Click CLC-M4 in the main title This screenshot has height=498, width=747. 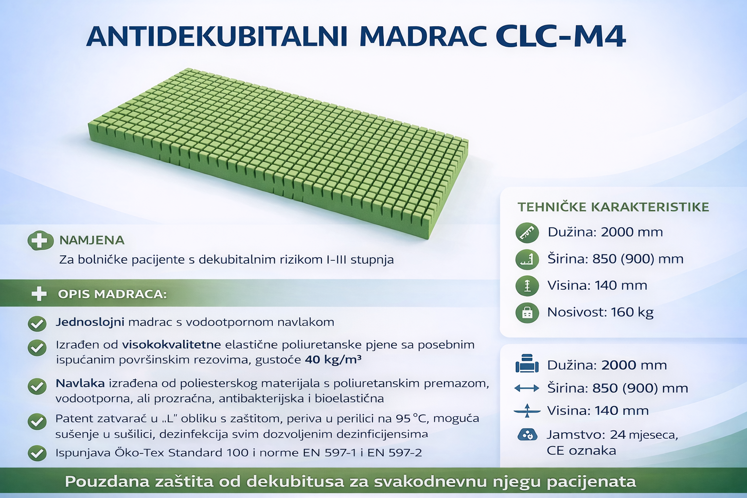click(560, 36)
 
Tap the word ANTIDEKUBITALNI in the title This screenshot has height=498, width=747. click(217, 36)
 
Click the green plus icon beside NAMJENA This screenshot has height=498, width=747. click(40, 240)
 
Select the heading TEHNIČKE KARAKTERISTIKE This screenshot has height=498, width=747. click(613, 207)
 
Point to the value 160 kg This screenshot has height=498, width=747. click(632, 312)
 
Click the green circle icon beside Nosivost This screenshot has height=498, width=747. click(527, 313)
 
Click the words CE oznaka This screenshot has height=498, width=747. click(581, 451)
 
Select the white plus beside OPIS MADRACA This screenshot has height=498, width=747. click(39, 294)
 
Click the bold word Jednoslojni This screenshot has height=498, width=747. click(90, 322)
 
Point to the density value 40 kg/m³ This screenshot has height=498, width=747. click(333, 360)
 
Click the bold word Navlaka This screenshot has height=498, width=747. click(80, 383)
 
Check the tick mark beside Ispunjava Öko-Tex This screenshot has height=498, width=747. click(37, 453)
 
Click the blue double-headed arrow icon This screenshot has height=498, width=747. click(527, 388)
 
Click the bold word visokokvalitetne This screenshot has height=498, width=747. click(171, 345)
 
